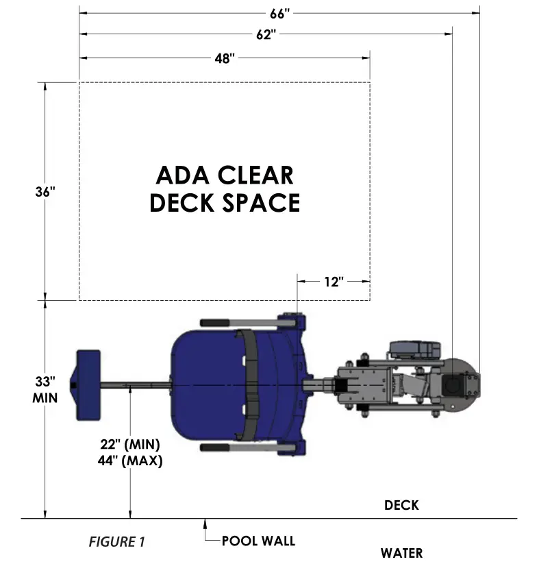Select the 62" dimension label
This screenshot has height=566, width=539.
coord(266,35)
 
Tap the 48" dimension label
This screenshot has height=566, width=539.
coord(224,58)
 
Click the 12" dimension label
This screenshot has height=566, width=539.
coord(334,282)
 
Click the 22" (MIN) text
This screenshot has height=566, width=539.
coord(130,445)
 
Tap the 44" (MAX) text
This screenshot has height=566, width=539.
coord(130,460)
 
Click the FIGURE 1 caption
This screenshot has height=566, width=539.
coord(116,542)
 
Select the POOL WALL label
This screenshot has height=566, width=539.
coord(258,541)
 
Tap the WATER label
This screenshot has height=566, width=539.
coord(401,553)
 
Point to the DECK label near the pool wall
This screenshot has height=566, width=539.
coord(401,506)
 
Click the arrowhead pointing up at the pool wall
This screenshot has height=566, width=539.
coord(205,524)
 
